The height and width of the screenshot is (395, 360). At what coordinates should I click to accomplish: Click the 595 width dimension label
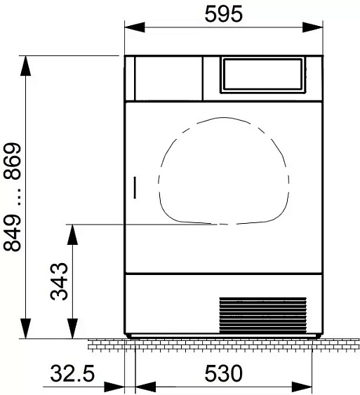[x=223, y=14]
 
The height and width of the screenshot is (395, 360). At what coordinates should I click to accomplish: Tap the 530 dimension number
[x=223, y=373]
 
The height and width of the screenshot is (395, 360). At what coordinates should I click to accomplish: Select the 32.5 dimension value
[x=72, y=373]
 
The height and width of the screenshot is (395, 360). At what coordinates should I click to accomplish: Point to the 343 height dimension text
[x=59, y=281]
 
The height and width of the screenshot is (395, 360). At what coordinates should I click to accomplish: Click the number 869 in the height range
[x=12, y=161]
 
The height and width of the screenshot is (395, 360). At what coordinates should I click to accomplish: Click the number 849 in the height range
[x=12, y=233]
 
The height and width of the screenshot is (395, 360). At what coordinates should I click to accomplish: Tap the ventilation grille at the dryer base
[x=262, y=315]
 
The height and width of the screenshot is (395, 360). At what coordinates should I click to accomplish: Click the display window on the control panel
[x=262, y=74]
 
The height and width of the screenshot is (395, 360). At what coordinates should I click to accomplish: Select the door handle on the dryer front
[x=135, y=187]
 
